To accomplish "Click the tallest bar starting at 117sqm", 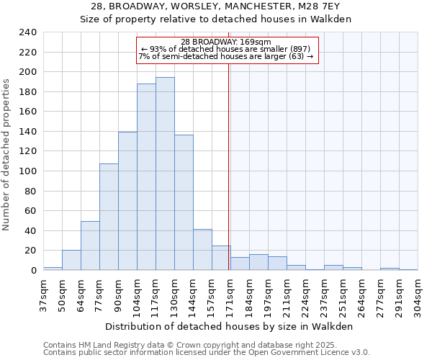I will pos(165,174).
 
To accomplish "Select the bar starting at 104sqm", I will pos(146,176).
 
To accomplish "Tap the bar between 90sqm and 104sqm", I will pos(127,201).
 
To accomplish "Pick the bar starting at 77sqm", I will pos(109,217).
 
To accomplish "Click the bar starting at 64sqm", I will pos(90,246).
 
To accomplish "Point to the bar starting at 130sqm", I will pos(184,202).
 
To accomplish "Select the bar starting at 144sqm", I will pos(202,249).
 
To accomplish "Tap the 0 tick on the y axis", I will pos(33,270).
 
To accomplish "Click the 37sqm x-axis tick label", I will pos(43,294).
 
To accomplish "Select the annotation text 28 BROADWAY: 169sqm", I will pos(226,42).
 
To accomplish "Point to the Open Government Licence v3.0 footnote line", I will pos(207,352).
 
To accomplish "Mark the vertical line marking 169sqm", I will pos(229,166).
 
